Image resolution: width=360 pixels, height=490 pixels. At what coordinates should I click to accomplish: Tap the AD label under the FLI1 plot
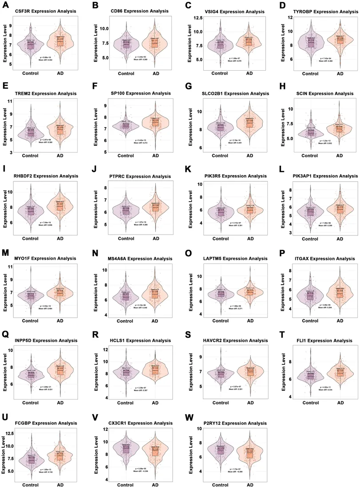pos(340,402)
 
